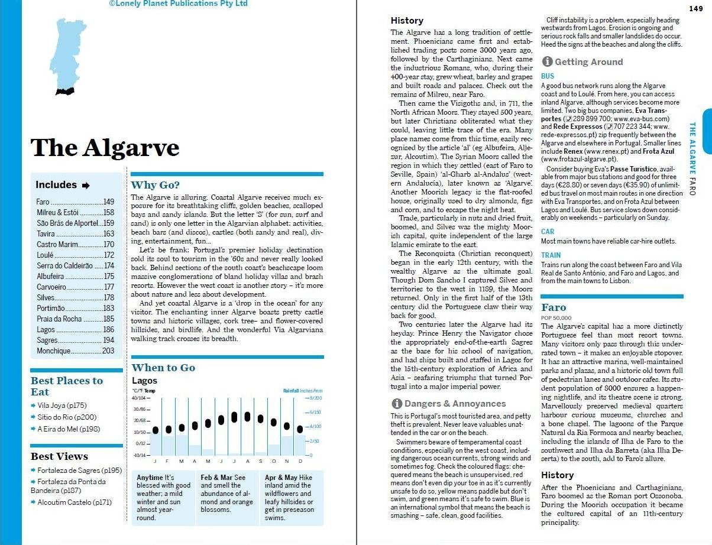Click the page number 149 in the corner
pos(695,8)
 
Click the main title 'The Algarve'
pos(105,147)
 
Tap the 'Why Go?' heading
pos(155,185)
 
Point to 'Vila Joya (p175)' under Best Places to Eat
pos(62,405)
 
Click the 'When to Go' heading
pos(163,368)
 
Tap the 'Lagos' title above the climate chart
pos(144,381)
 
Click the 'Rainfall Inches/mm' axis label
pos(303,391)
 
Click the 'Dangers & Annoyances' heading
pos(455,404)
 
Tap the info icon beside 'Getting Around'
pos(547,61)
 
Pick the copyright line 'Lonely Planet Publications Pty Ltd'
pos(178,4)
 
